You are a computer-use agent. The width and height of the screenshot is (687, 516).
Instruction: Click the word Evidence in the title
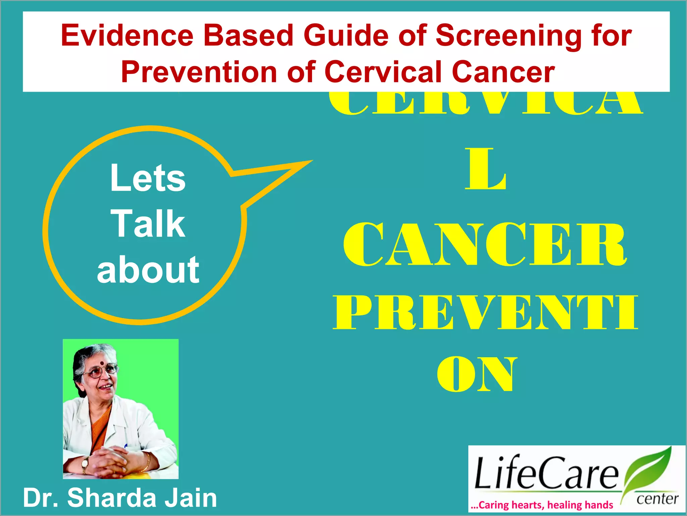[127, 36]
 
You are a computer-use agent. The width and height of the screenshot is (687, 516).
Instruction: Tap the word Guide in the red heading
[346, 36]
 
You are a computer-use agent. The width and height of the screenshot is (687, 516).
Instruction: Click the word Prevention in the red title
[199, 72]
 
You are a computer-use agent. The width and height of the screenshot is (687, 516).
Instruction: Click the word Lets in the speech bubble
[148, 178]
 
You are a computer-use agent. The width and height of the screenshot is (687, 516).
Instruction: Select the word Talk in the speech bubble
[148, 223]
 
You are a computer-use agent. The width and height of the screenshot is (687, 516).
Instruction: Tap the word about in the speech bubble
[148, 269]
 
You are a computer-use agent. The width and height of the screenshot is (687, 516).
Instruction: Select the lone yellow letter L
[485, 170]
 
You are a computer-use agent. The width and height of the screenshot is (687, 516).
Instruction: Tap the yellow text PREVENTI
[485, 312]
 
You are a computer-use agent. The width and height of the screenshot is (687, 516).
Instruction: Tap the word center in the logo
[657, 499]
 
